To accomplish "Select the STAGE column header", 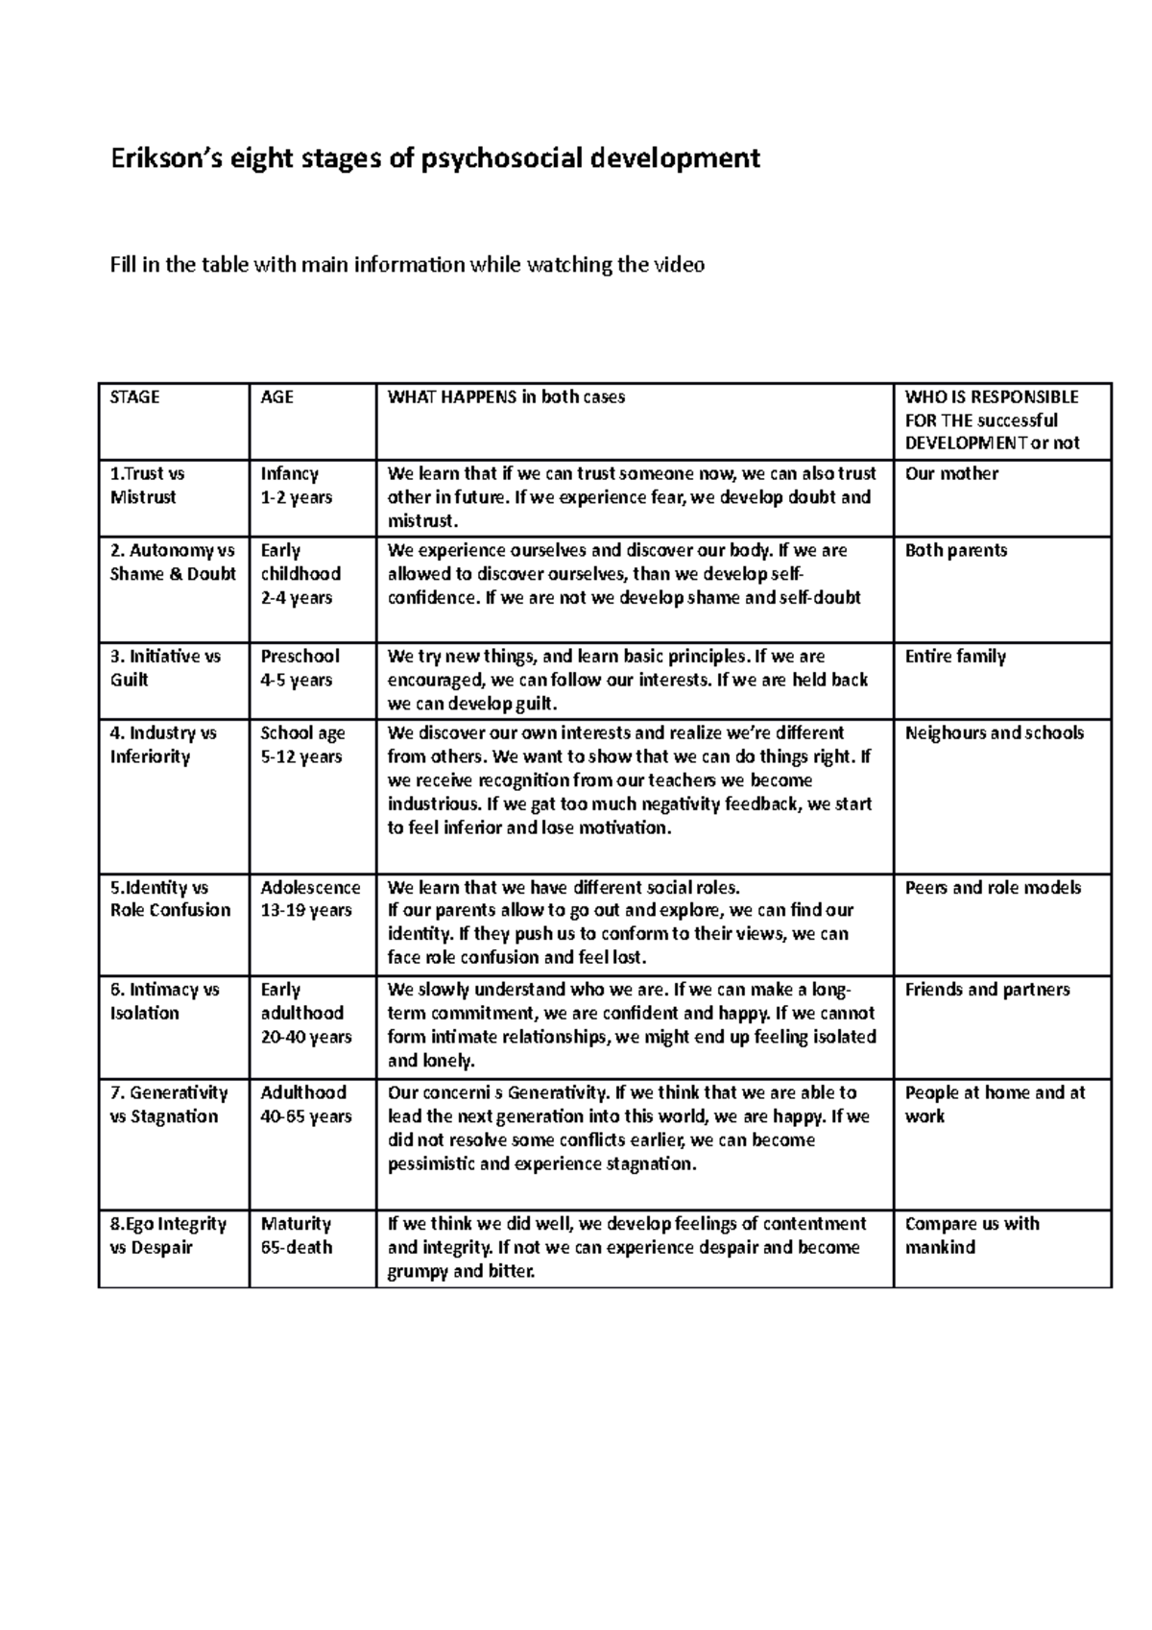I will click(135, 397).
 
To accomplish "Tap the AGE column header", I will click(276, 397).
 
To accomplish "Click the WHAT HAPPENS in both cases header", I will click(506, 397).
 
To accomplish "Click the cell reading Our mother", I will click(951, 474).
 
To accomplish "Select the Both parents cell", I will click(956, 551).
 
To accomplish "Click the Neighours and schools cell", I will click(994, 733).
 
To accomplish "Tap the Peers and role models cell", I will click(993, 888).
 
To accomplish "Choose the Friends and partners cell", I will click(987, 990).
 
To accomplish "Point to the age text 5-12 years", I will click(301, 757).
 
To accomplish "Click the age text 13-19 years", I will click(306, 911).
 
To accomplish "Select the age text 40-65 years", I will click(306, 1116).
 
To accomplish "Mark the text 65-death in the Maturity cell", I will click(297, 1248).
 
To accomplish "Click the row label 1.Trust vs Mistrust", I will click(147, 486).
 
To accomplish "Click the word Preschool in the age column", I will click(300, 657).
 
